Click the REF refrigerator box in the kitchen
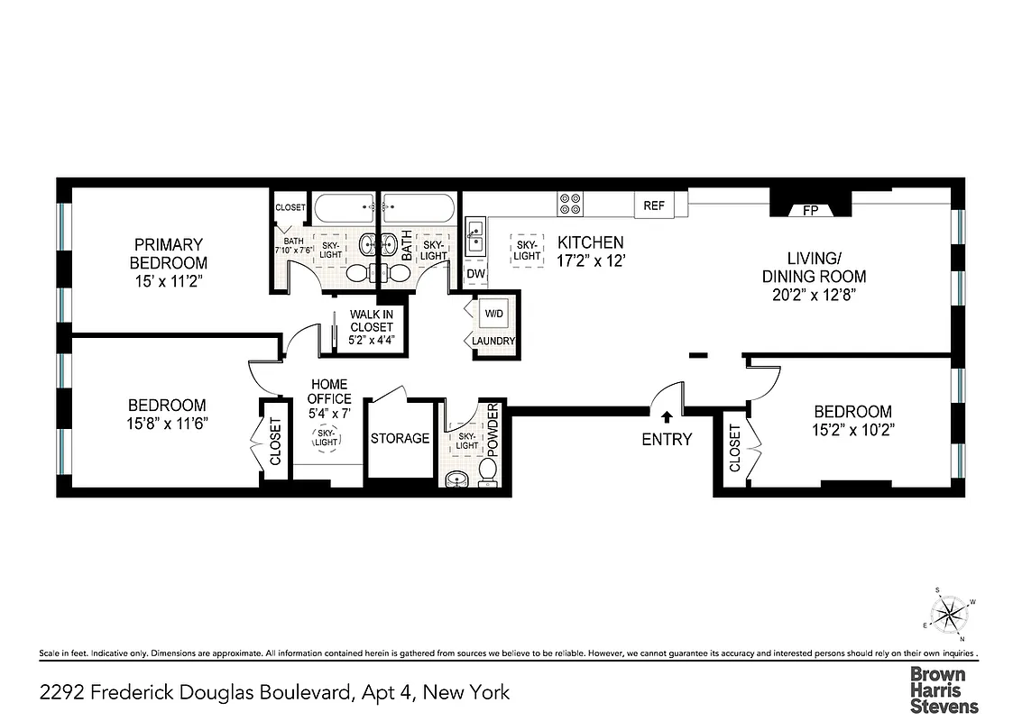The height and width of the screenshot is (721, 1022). (654, 205)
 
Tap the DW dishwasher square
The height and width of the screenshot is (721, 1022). (474, 274)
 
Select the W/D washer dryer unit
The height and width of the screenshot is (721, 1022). (495, 315)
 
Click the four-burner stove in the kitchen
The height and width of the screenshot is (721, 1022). (570, 205)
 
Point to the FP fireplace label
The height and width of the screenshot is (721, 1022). (809, 211)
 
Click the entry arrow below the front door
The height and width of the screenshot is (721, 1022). (667, 417)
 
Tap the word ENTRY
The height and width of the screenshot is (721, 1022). (667, 439)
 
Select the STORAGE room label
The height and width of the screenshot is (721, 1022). (400, 438)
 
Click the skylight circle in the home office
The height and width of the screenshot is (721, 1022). (326, 438)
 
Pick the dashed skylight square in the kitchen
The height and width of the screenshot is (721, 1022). (526, 249)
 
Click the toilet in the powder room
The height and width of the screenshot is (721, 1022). (488, 470)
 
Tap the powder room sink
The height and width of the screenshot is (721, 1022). (455, 478)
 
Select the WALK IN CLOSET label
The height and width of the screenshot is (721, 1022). (372, 327)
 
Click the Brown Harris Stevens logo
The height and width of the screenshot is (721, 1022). (943, 689)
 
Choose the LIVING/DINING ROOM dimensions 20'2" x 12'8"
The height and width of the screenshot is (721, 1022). (814, 295)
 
